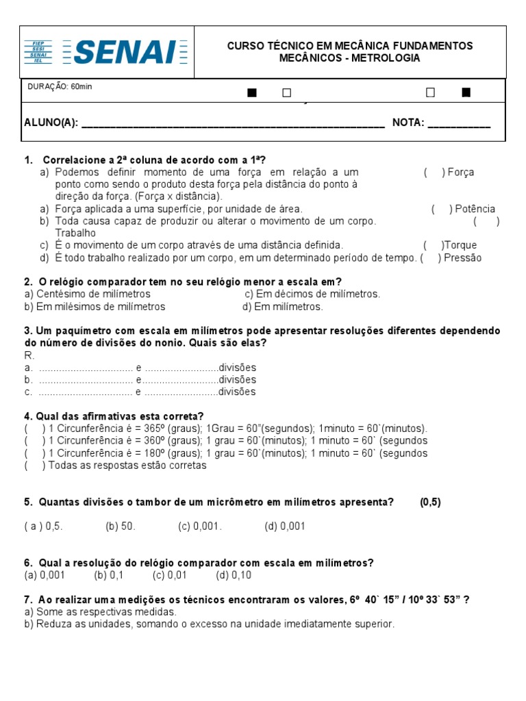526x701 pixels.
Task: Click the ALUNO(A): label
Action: pyautogui.click(x=51, y=123)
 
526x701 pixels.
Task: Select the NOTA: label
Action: pyautogui.click(x=408, y=123)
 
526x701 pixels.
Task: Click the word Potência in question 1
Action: pyautogui.click(x=475, y=209)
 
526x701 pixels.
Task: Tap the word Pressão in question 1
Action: pyautogui.click(x=464, y=258)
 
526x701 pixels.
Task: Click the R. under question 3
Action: pyautogui.click(x=29, y=355)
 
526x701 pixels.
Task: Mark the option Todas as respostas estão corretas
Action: pyautogui.click(x=126, y=466)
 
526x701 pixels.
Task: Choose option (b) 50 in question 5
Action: pyautogui.click(x=121, y=526)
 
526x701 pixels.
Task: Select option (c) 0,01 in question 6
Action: pyautogui.click(x=169, y=575)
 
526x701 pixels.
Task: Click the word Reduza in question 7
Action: pyautogui.click(x=52, y=624)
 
